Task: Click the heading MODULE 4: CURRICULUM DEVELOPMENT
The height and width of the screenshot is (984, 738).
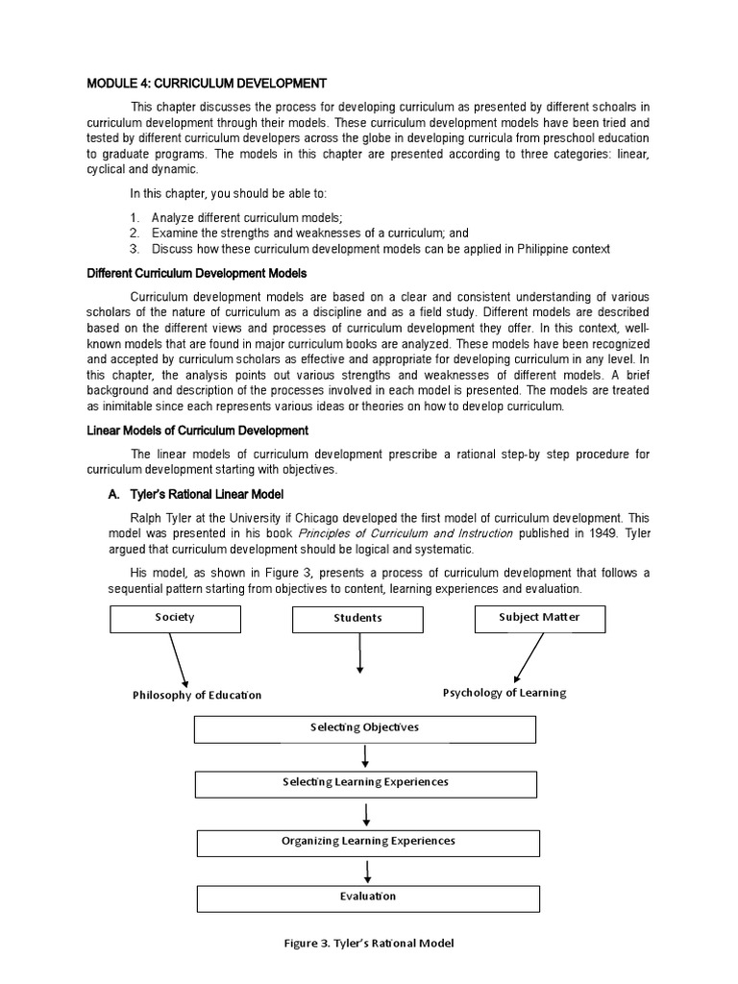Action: click(207, 83)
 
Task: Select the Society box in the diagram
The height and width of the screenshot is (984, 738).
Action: click(174, 618)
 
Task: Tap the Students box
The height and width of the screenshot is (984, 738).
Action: click(357, 619)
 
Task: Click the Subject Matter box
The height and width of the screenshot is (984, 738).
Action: click(539, 618)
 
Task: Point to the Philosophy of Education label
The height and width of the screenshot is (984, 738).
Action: click(197, 695)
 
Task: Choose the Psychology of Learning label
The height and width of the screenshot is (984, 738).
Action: click(504, 692)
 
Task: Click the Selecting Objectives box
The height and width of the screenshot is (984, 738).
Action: click(364, 727)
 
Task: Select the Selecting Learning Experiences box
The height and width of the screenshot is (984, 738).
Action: click(365, 783)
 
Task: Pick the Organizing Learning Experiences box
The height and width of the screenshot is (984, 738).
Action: click(368, 842)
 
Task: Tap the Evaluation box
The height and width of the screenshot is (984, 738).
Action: click(368, 898)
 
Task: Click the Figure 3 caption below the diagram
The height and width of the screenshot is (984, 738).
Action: click(368, 943)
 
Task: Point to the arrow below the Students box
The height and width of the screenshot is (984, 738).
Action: click(358, 654)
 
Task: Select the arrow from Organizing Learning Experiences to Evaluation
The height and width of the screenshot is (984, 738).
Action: click(368, 871)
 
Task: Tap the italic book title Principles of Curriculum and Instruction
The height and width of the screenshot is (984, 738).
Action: click(405, 532)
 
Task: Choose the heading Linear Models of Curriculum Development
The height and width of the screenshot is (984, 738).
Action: click(197, 430)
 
